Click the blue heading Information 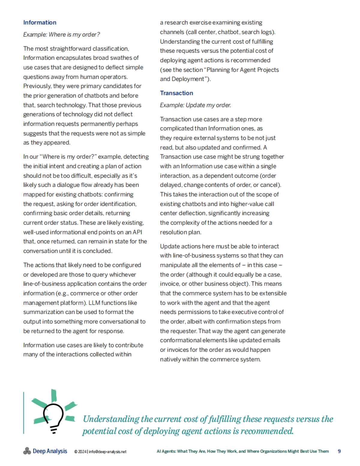click(40, 22)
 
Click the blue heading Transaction click(176, 93)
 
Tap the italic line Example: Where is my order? click(61, 34)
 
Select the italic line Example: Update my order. click(195, 105)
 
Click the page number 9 click(339, 451)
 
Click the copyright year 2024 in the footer click(82, 452)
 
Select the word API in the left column click(137, 232)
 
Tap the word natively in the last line click(169, 359)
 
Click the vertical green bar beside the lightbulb click(23, 413)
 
